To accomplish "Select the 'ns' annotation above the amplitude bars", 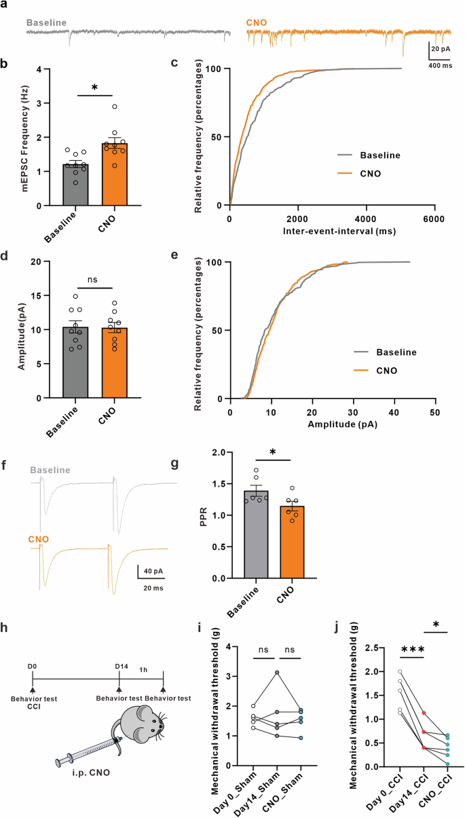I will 95,278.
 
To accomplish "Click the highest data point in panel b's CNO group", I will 115,107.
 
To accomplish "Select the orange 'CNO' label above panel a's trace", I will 256,22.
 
